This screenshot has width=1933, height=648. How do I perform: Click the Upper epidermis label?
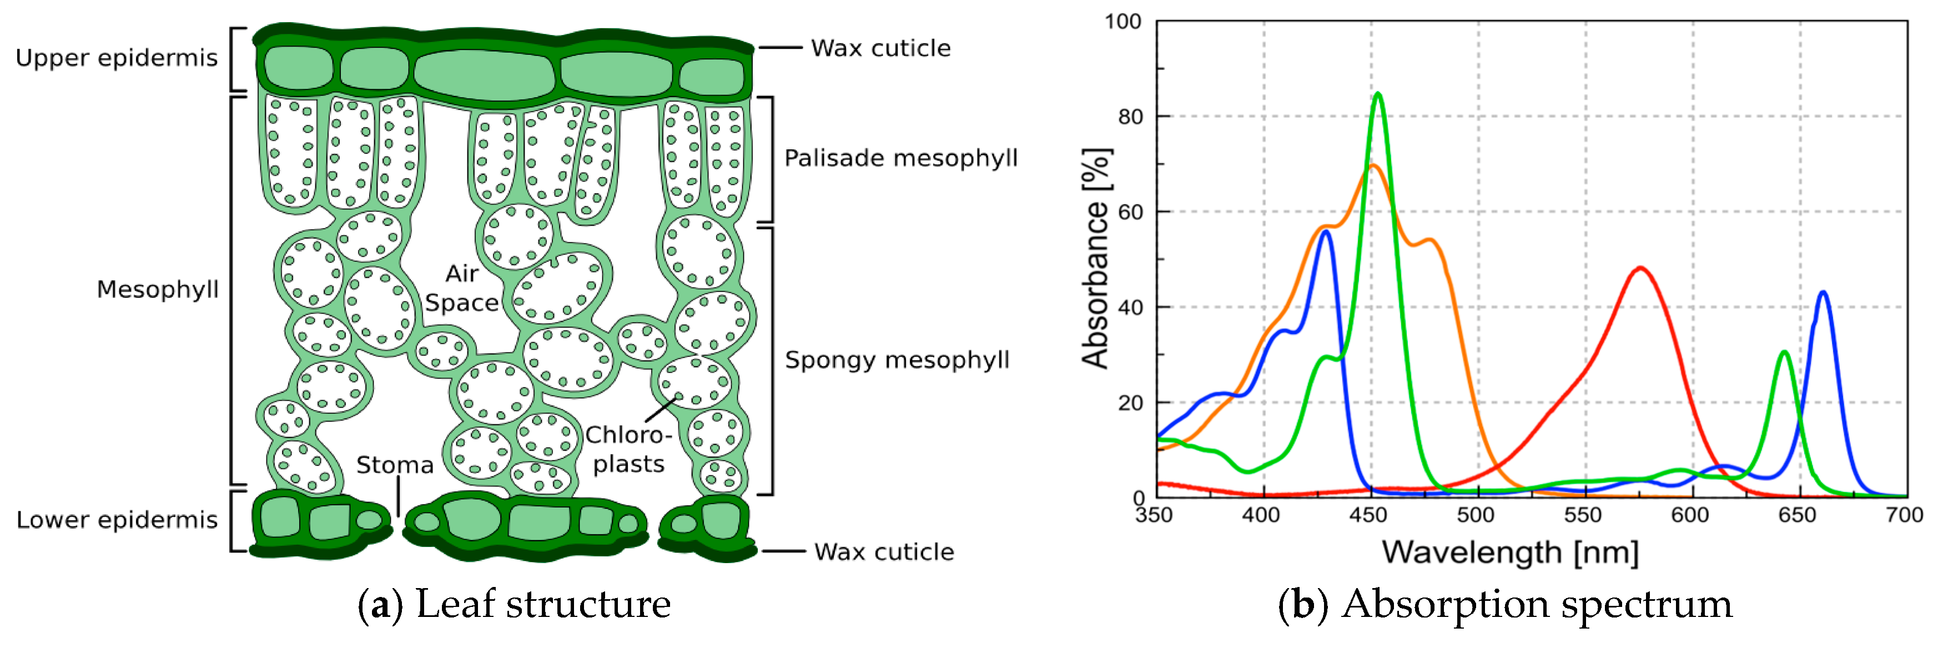(117, 58)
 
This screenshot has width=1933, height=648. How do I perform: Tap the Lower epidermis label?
(117, 520)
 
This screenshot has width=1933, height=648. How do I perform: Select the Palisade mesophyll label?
(900, 158)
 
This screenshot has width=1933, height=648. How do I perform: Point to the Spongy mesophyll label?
(897, 360)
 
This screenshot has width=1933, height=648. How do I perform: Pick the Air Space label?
(461, 288)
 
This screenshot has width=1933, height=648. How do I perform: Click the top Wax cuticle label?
(880, 48)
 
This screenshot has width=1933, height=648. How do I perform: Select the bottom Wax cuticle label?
(884, 552)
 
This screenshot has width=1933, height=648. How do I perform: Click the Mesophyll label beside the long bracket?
(158, 290)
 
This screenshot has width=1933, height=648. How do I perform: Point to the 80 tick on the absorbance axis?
(1130, 117)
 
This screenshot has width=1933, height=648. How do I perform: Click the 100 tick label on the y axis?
(1122, 22)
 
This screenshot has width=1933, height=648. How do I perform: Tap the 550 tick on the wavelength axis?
(1583, 515)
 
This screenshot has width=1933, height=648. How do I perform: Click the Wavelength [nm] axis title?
(1510, 553)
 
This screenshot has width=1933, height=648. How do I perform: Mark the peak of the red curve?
(1640, 268)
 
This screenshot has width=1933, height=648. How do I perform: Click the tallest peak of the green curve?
(1377, 94)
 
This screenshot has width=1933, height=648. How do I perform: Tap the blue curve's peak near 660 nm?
(1823, 292)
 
